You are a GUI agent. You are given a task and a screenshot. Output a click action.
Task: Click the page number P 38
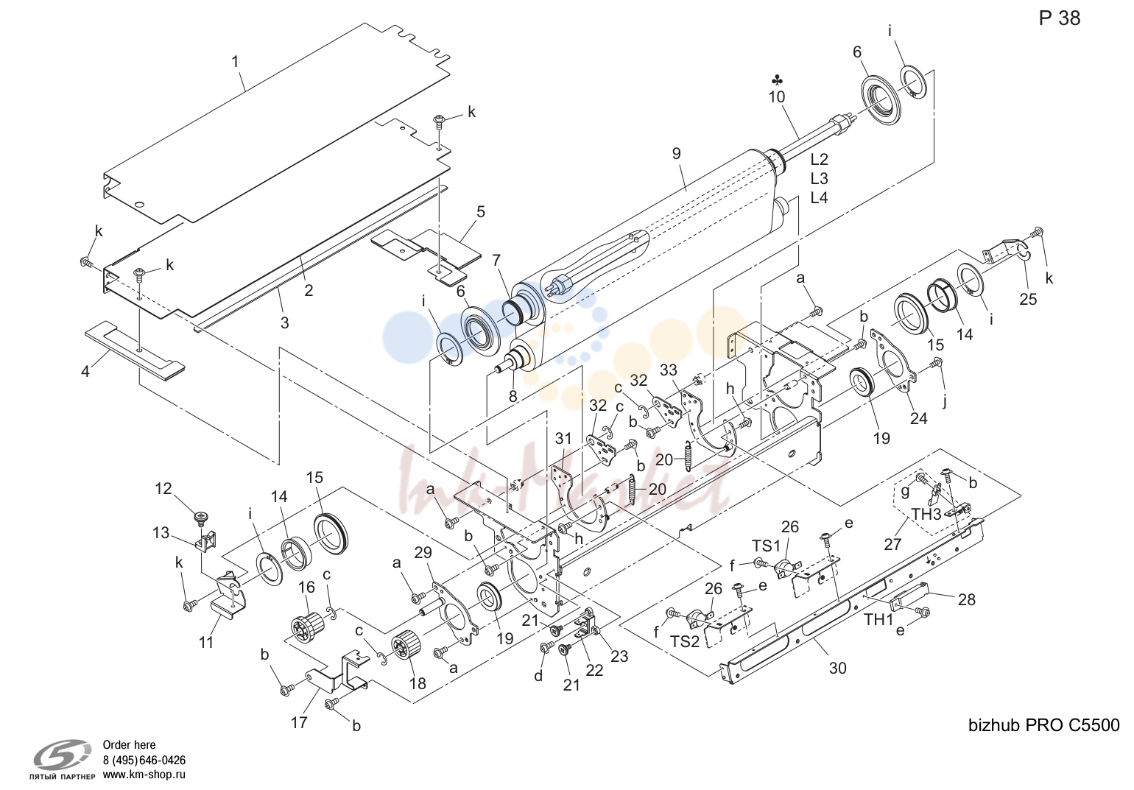tap(1060, 18)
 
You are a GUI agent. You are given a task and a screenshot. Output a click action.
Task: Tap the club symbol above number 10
tap(777, 80)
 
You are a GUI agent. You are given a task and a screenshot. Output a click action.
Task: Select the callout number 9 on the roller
tap(677, 153)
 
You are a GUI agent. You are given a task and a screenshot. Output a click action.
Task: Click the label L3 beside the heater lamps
tap(819, 178)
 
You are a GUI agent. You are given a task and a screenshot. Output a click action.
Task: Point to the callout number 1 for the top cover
tap(235, 62)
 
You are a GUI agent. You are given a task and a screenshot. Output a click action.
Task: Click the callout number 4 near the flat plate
tap(85, 372)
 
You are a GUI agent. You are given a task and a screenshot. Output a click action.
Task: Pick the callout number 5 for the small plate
tap(480, 211)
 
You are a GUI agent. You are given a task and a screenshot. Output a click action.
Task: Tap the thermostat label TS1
tap(766, 546)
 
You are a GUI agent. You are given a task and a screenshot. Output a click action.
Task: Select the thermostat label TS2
tap(685, 641)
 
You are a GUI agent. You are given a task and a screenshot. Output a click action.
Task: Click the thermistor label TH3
tap(926, 514)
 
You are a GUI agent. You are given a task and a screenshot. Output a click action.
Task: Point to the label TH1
tap(878, 619)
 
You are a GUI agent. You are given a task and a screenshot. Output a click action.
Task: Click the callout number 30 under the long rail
tap(837, 668)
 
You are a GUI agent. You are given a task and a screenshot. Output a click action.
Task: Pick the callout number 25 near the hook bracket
tap(1028, 299)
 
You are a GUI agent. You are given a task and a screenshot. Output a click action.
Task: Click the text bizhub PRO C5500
tap(1044, 725)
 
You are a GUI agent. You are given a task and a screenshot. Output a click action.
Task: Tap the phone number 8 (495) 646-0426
tap(144, 760)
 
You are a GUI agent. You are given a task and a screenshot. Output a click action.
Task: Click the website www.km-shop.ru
tap(144, 775)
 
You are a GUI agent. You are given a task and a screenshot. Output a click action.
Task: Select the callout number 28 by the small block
tap(966, 599)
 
